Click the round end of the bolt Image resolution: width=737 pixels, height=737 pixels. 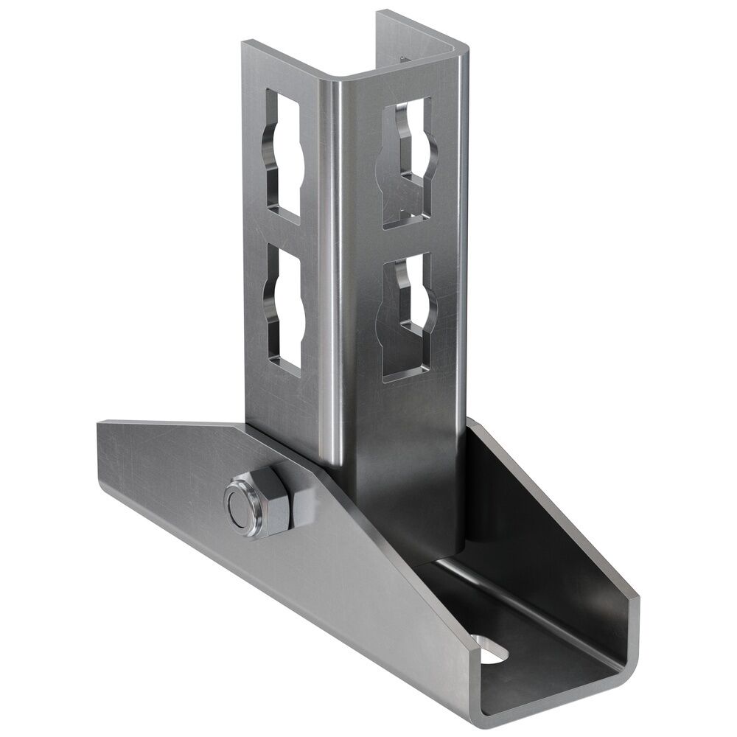tap(241, 508)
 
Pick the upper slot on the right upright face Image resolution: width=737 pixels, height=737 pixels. tap(408, 162)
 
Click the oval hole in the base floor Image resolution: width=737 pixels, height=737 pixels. tap(492, 648)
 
